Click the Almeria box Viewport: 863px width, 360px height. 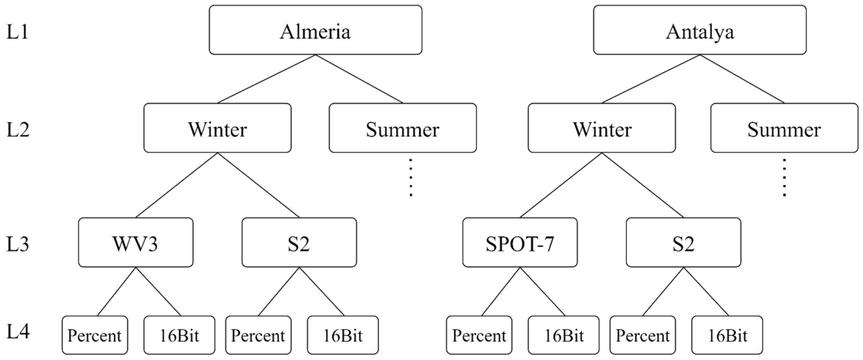[315, 30]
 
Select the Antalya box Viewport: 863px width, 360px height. [700, 30]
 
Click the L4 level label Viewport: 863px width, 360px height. [17, 332]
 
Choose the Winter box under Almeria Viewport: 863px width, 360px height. [217, 128]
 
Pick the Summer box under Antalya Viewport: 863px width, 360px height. [784, 128]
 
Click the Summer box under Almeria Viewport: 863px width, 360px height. [402, 128]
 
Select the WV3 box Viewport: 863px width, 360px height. [136, 242]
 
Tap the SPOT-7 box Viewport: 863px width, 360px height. [520, 242]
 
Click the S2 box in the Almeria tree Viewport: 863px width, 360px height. [299, 242]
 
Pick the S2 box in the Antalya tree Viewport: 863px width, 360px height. [683, 242]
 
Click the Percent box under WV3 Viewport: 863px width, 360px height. [95, 335]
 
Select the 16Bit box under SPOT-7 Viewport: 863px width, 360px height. [563, 335]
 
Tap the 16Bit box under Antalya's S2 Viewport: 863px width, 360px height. [727, 335]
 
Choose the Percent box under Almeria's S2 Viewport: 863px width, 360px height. [258, 335]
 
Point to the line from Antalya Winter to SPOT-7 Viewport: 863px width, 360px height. [561, 185]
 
